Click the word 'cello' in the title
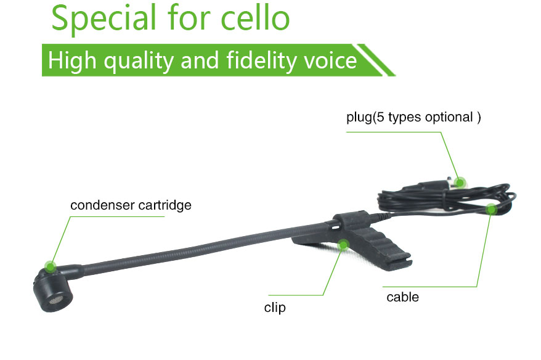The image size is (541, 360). point(255,18)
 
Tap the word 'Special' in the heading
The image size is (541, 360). point(104,19)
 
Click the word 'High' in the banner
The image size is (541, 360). point(72,60)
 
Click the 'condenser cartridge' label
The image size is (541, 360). point(131,205)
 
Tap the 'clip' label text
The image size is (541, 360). point(275,308)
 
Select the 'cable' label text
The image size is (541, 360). point(402,297)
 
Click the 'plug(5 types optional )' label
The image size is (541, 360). point(413,117)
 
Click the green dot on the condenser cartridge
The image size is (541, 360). point(51,266)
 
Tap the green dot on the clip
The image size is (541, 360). point(343,245)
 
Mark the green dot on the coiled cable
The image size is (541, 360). point(491,209)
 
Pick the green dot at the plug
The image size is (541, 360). point(460,182)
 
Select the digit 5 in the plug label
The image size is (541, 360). point(380,117)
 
